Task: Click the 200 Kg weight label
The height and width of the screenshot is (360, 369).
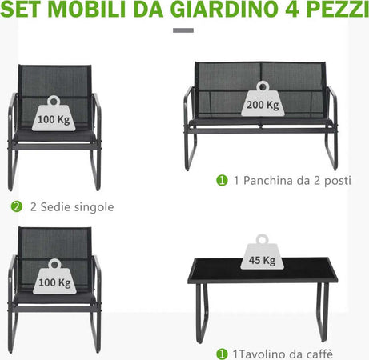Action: (x=263, y=99)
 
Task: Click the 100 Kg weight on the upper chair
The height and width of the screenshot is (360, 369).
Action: (x=54, y=114)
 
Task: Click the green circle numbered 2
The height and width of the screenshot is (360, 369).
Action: (x=17, y=206)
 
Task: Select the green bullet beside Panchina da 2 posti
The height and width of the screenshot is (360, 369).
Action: (x=222, y=180)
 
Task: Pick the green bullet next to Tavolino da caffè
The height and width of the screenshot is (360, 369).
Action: (x=222, y=354)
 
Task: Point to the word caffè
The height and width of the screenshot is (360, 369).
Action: (x=319, y=354)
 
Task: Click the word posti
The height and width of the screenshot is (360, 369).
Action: (x=337, y=181)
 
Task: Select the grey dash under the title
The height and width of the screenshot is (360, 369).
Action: (x=183, y=30)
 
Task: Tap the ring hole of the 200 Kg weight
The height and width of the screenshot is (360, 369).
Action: (x=263, y=86)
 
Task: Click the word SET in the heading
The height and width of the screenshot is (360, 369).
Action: (x=22, y=10)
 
